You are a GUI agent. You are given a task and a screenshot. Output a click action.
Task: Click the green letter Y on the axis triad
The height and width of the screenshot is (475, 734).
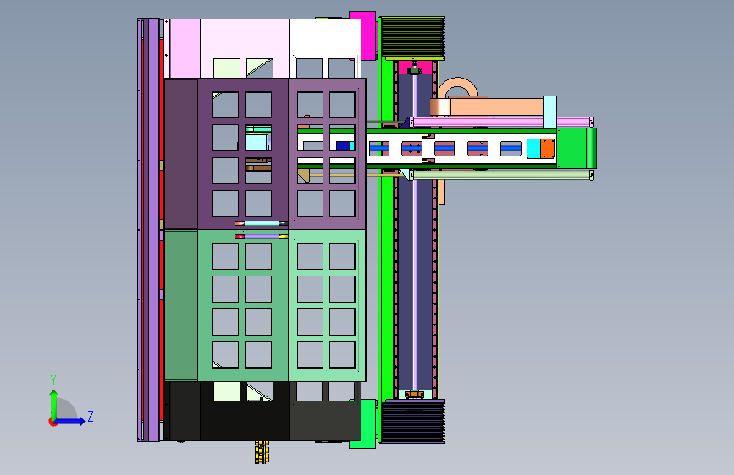tap(53, 380)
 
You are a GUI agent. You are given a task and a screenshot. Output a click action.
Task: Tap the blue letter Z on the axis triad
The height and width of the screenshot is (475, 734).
tap(91, 416)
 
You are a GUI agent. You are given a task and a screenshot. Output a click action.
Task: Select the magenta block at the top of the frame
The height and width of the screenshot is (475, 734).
tap(364, 35)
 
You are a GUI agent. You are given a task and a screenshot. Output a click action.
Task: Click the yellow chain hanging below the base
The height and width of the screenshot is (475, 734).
tap(262, 452)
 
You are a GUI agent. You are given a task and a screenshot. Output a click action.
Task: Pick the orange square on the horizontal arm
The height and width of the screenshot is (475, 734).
tap(547, 149)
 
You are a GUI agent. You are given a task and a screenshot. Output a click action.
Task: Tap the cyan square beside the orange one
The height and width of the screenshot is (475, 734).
tap(533, 149)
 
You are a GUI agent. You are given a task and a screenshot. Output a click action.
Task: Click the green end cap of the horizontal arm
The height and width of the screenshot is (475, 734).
tap(577, 148)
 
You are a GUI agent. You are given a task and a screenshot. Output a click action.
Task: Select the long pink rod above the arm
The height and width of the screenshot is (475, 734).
tap(502, 122)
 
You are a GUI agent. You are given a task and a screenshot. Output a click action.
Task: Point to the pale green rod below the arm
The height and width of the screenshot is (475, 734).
tap(502, 175)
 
